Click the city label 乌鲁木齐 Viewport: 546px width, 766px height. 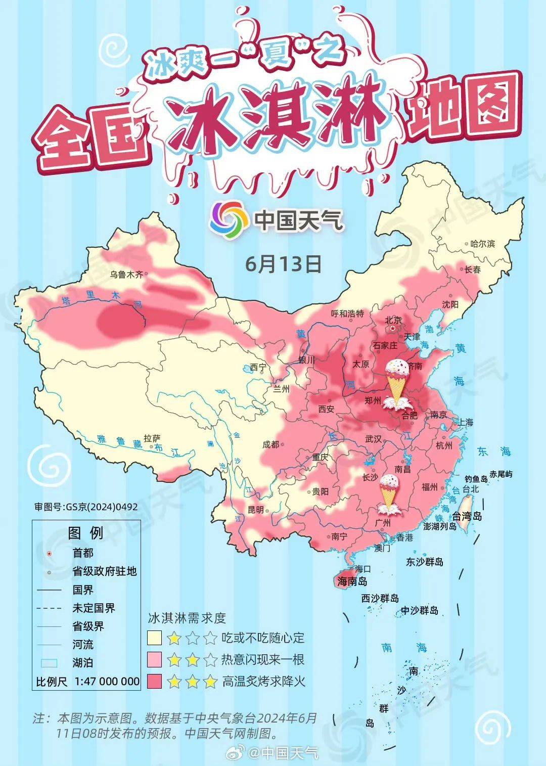pos(126,275)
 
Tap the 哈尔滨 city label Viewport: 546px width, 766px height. pos(482,244)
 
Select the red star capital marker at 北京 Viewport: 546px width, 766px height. pos(393,329)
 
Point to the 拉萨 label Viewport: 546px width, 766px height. pos(152,438)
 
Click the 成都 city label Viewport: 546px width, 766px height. pos(270,444)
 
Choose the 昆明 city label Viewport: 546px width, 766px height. pos(256,510)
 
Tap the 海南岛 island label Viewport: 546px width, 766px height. pos(352,581)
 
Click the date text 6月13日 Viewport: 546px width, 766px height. pos(283,263)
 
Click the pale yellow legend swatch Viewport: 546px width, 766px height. pos(154,638)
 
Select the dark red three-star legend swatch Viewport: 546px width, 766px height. pos(154,681)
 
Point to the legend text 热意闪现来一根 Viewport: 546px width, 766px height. pos(262,659)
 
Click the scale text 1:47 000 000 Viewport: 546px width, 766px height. pos(107,681)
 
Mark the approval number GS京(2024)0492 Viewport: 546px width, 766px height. pos(86,507)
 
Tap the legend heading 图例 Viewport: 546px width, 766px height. pos(85,533)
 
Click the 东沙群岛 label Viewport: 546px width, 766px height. pos(425,562)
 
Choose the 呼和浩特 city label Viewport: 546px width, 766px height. pos(347,313)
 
